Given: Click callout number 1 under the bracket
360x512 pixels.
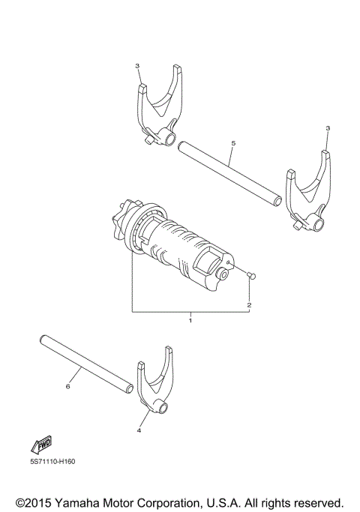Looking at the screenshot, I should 190,320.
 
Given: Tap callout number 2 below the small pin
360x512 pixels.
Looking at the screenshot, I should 249,306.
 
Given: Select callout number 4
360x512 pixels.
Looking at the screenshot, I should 139,431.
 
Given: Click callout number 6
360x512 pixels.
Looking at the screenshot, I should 67,387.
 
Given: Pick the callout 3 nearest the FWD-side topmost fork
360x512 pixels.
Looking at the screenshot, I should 137,66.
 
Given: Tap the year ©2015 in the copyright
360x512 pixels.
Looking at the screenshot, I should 37,501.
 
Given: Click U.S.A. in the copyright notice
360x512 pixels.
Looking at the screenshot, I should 247,501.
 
